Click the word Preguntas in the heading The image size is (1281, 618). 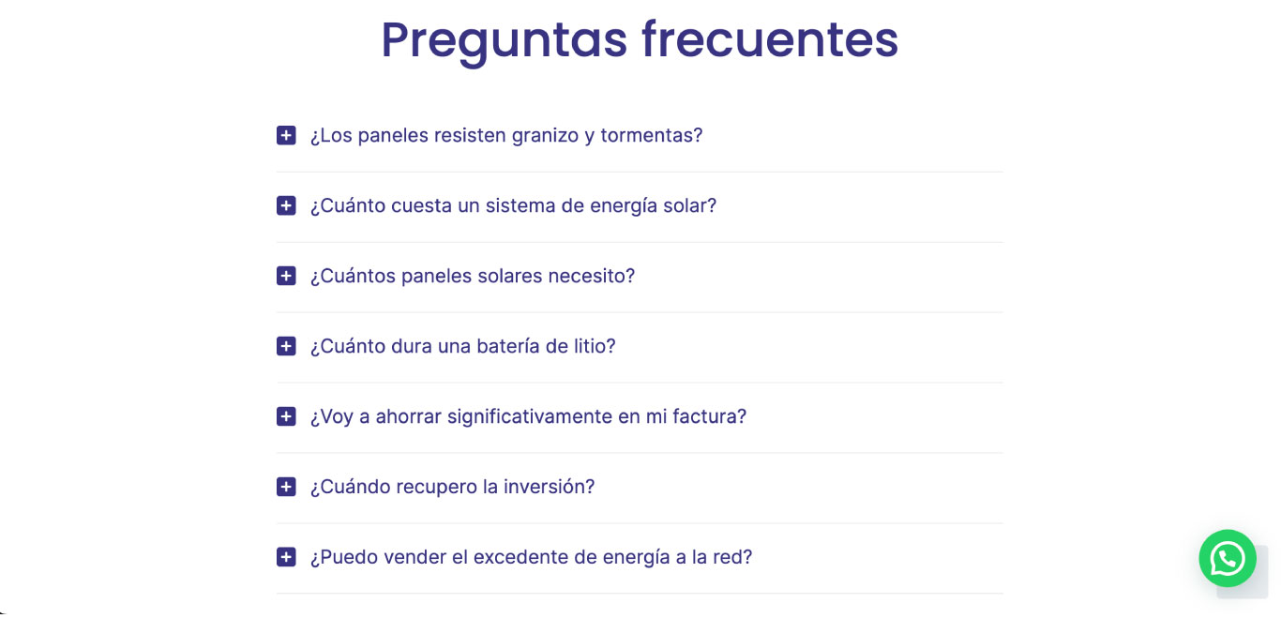504,40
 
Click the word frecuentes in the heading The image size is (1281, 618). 769,40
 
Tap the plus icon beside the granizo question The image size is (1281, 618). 286,136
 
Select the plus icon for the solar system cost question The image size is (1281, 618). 286,206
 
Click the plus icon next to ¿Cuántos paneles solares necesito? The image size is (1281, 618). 286,277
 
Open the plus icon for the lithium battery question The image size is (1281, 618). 286,347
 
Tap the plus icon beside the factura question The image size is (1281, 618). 286,417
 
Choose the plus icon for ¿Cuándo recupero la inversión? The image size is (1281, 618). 286,488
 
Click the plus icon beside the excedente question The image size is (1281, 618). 286,558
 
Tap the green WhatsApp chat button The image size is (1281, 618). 1227,559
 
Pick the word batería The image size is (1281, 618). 510,347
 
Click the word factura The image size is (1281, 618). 709,417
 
